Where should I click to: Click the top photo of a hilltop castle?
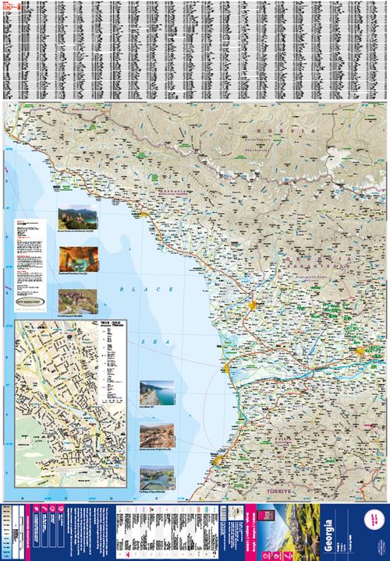73,219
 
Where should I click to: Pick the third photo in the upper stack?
73,300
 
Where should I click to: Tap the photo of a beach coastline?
156,393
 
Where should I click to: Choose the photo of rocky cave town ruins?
156,437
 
